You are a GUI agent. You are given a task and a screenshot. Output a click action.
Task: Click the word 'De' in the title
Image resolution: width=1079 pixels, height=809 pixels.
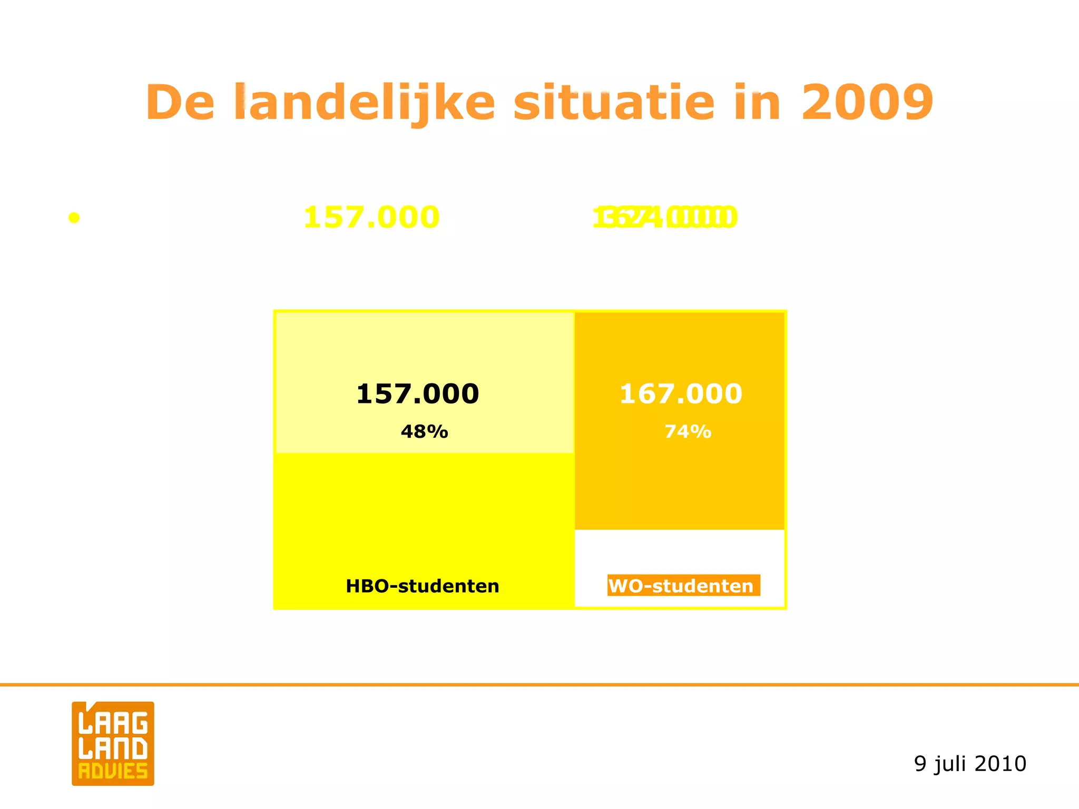(180, 102)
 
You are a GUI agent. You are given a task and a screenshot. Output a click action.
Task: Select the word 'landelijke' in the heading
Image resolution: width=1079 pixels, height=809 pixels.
(365, 102)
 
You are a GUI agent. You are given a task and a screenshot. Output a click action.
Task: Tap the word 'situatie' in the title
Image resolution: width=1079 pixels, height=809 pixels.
(614, 102)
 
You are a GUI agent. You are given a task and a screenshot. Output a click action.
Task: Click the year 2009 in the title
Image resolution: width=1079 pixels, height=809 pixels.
(867, 102)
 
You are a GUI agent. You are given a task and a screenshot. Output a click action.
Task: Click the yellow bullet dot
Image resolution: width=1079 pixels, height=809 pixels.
(74, 218)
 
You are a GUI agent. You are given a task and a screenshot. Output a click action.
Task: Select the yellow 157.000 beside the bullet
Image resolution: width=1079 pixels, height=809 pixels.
(371, 217)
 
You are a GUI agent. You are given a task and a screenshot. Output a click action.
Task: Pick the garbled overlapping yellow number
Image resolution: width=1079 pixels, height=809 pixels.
(664, 217)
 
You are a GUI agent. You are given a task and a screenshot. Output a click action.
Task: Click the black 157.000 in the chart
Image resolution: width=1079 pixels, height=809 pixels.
(418, 394)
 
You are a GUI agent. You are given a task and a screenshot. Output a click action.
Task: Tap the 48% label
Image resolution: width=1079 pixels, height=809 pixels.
(424, 432)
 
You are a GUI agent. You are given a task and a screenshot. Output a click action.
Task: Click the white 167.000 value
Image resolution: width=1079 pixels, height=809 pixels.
(681, 394)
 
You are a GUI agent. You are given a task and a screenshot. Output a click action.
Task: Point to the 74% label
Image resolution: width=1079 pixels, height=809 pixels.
(688, 432)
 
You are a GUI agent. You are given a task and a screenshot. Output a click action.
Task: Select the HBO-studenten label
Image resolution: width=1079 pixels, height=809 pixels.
(423, 586)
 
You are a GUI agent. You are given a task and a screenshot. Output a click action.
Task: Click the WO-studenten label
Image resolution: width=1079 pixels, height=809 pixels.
(683, 586)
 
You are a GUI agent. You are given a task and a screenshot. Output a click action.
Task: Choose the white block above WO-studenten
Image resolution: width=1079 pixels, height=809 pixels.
(680, 550)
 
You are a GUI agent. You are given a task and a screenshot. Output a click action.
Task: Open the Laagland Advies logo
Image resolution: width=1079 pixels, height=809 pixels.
(113, 743)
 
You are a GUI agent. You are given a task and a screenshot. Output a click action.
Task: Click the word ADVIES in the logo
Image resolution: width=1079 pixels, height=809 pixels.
(113, 772)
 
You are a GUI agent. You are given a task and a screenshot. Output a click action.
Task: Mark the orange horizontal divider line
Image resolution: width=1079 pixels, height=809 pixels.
(539, 685)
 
